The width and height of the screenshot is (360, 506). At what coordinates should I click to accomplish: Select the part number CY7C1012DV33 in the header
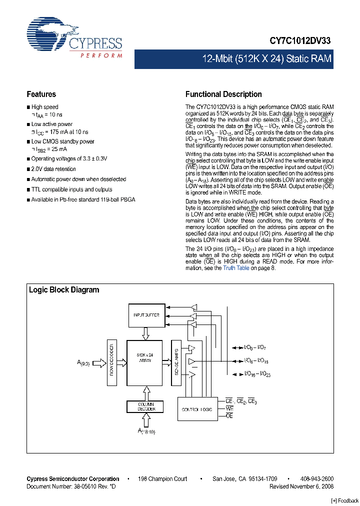pyautogui.click(x=301, y=42)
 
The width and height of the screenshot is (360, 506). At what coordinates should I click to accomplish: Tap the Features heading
pyautogui.click(x=41, y=94)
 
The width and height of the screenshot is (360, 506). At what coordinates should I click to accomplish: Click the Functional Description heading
pyautogui.click(x=223, y=94)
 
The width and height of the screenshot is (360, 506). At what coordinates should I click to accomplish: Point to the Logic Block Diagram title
pyautogui.click(x=64, y=290)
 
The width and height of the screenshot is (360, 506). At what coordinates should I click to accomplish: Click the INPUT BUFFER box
pyautogui.click(x=146, y=315)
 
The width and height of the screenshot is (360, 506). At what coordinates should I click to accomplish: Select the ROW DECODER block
pyautogui.click(x=112, y=363)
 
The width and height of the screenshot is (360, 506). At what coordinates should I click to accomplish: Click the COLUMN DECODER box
pyautogui.click(x=146, y=406)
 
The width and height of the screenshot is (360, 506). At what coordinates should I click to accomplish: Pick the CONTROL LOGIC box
pyautogui.click(x=197, y=409)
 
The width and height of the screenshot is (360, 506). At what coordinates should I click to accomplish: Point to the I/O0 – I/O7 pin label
pyautogui.click(x=258, y=347)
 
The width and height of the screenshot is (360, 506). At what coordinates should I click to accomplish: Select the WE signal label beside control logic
pyautogui.click(x=230, y=408)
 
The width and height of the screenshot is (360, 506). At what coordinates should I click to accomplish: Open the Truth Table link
pyautogui.click(x=236, y=268)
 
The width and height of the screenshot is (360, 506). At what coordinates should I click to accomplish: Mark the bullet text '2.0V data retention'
pyautogui.click(x=53, y=169)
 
